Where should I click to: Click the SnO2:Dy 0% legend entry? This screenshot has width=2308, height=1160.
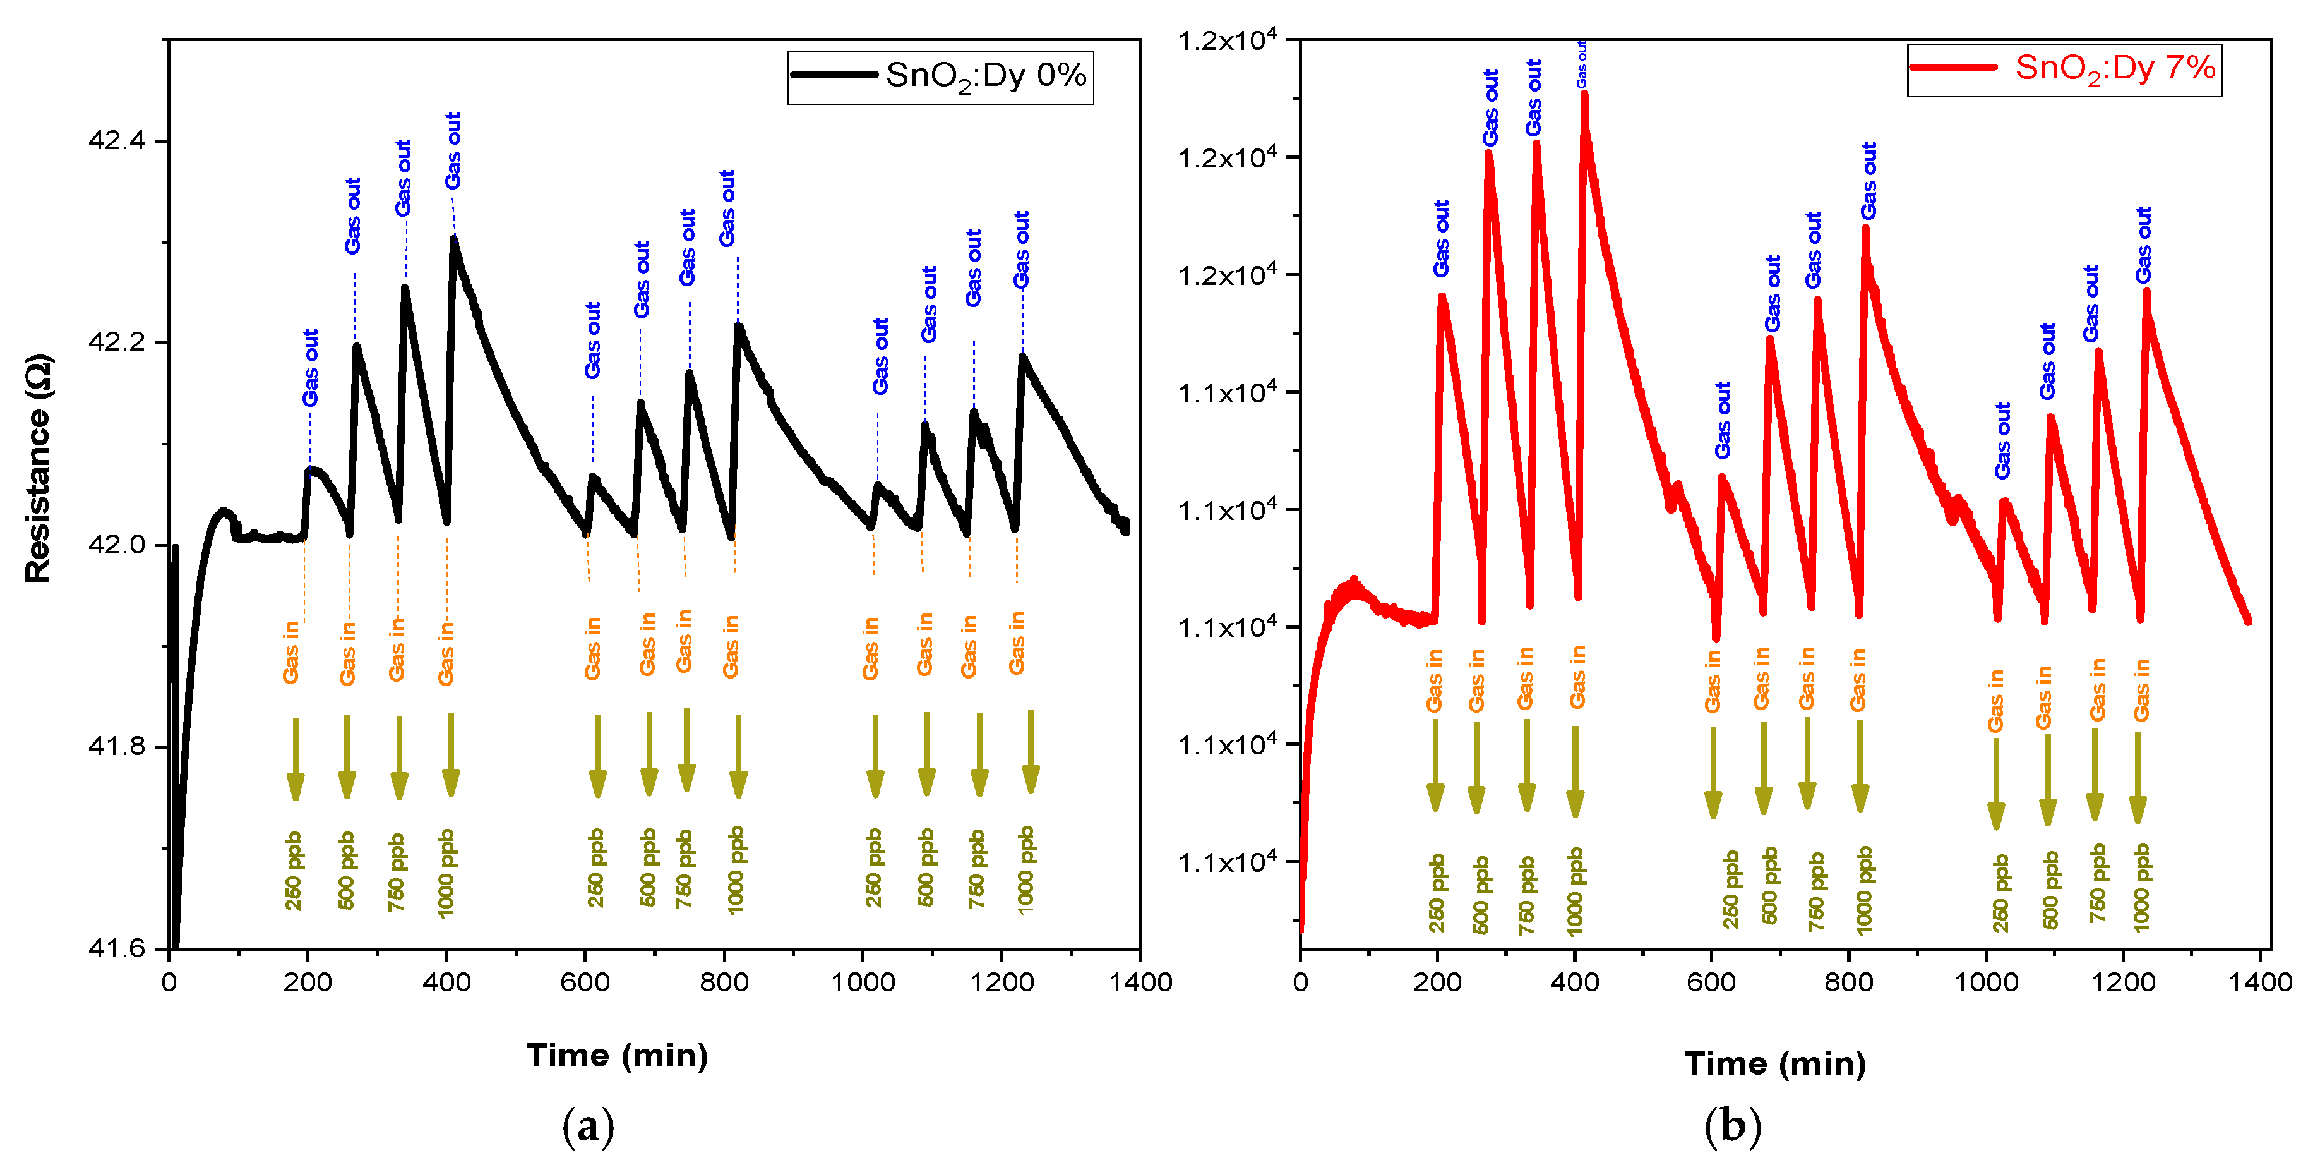click(x=941, y=76)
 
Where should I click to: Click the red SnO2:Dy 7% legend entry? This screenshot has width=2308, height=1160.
click(x=2065, y=68)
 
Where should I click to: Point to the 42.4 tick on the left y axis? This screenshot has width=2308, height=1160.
click(x=116, y=141)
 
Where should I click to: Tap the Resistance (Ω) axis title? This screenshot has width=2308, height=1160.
click(x=39, y=468)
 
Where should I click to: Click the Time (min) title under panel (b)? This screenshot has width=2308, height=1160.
click(x=1775, y=1063)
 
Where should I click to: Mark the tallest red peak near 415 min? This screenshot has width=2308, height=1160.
click(x=1584, y=94)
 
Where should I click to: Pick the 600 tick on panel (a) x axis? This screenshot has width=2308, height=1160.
click(x=585, y=982)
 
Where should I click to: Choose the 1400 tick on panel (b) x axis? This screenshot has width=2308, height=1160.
click(x=2259, y=982)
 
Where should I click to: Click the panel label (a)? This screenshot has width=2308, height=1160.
click(x=588, y=1126)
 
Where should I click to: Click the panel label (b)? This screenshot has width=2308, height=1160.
click(x=1732, y=1126)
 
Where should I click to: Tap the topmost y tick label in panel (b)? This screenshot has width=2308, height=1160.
click(x=1226, y=41)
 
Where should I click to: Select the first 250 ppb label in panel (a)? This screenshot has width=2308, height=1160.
click(x=294, y=871)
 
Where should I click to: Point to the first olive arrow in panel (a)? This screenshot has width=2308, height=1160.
click(x=295, y=758)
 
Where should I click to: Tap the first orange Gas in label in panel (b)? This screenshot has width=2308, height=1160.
click(x=1435, y=681)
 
